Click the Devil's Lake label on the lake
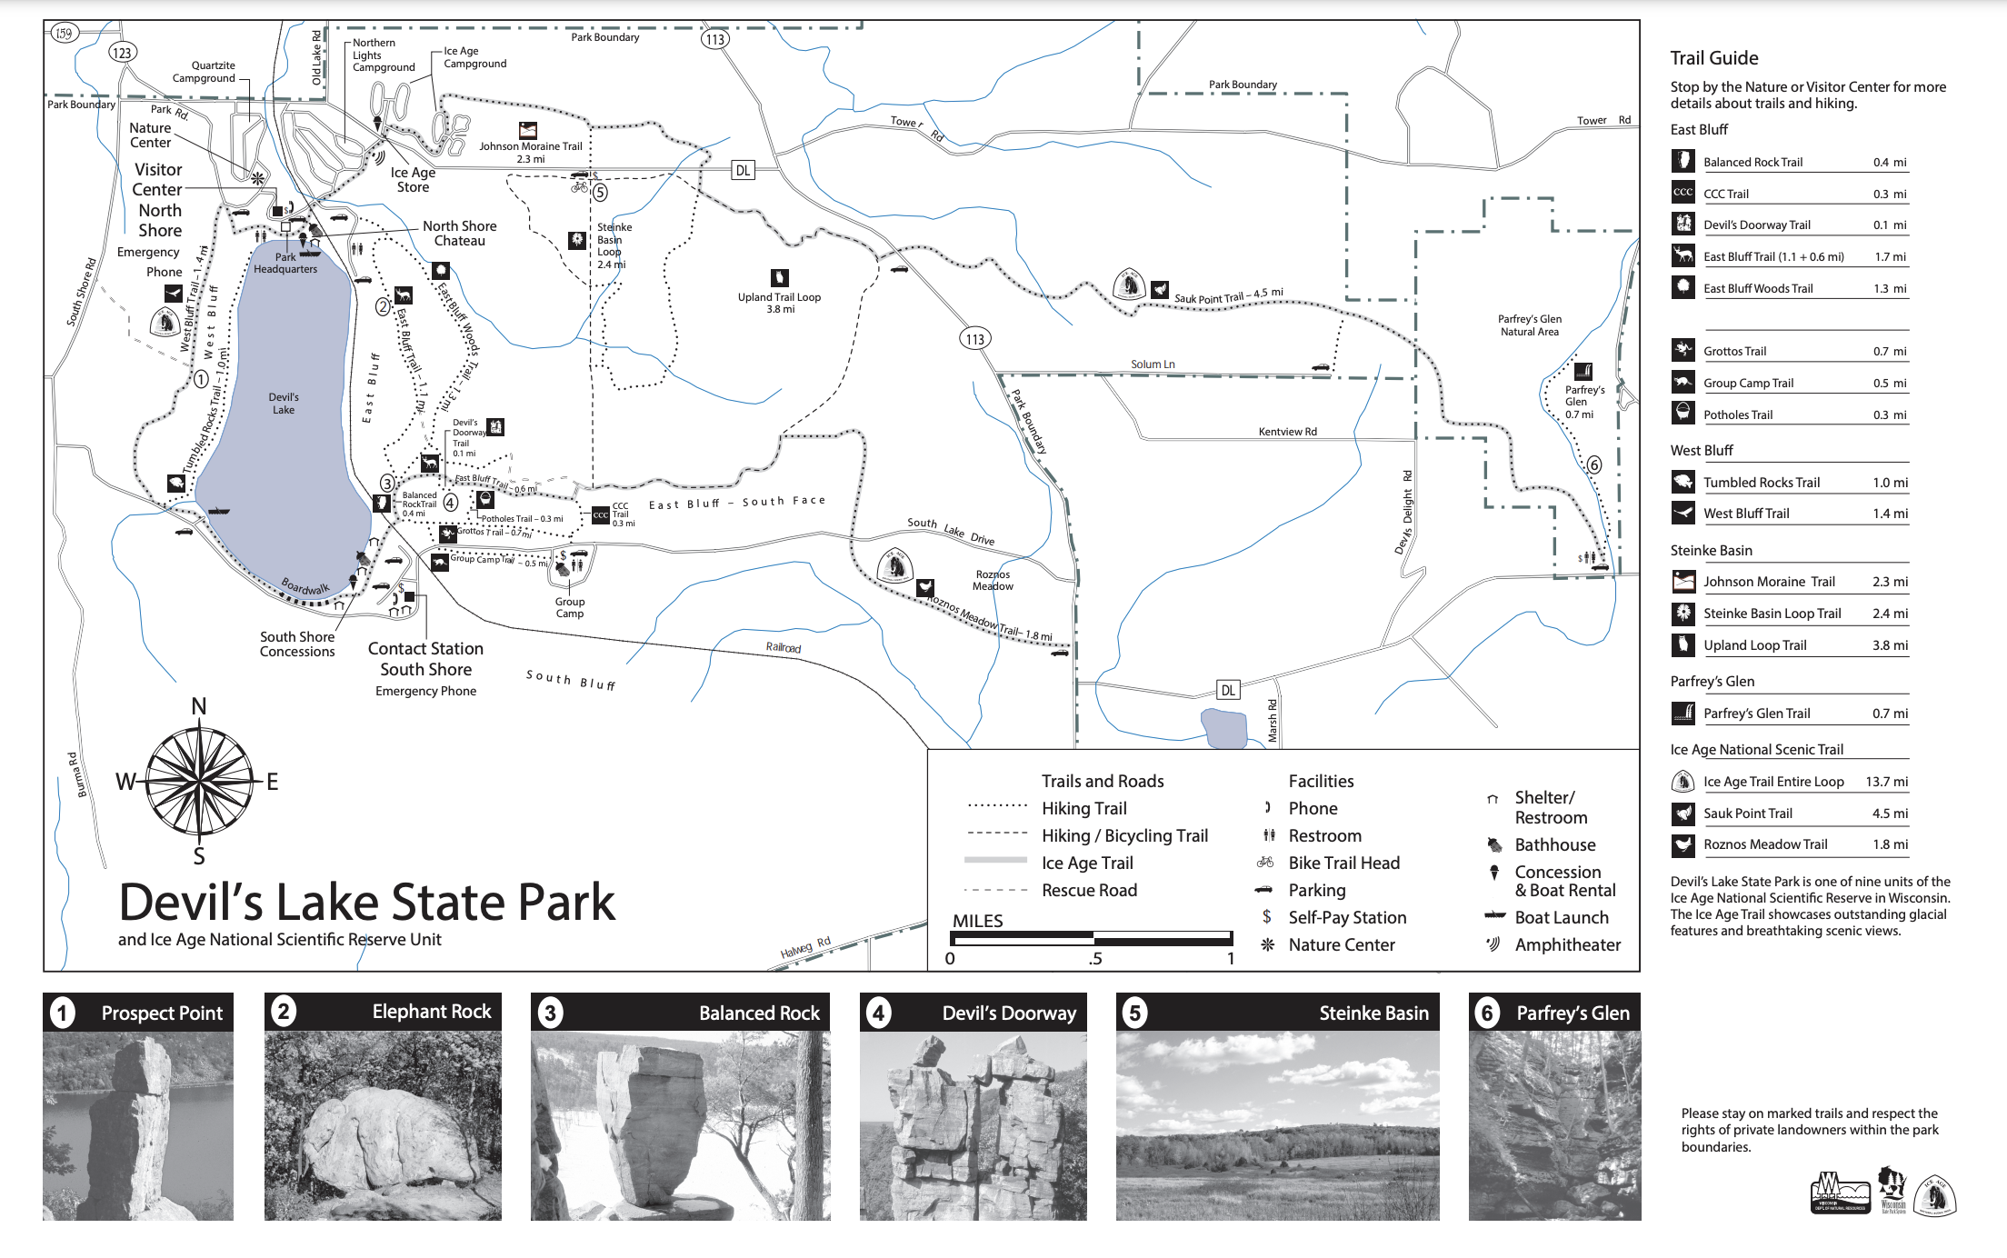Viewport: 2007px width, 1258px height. pyautogui.click(x=284, y=404)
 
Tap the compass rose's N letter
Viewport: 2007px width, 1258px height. pyautogui.click(x=199, y=706)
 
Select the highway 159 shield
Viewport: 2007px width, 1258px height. pyautogui.click(x=64, y=34)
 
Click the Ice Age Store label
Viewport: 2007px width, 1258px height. pyautogui.click(x=413, y=180)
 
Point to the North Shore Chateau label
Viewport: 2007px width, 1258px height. pyautogui.click(x=460, y=233)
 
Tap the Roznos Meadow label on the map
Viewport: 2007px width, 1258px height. pyautogui.click(x=993, y=580)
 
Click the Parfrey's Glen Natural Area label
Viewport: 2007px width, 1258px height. pyautogui.click(x=1530, y=325)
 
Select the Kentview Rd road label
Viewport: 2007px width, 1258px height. pyautogui.click(x=1287, y=432)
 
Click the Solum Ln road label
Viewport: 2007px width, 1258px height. pyautogui.click(x=1153, y=364)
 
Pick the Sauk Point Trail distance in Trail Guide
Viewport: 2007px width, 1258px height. pyautogui.click(x=1889, y=814)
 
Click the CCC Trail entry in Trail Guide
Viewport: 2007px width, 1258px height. pyautogui.click(x=1726, y=194)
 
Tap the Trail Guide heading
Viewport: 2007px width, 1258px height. pyautogui.click(x=1713, y=58)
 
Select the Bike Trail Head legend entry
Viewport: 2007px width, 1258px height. pyautogui.click(x=1343, y=863)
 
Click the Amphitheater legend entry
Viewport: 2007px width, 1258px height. pyautogui.click(x=1567, y=944)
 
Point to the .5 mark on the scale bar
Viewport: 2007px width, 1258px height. pyautogui.click(x=1095, y=958)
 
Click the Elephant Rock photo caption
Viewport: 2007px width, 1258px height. pyautogui.click(x=431, y=1012)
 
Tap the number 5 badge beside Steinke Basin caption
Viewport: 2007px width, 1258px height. pyautogui.click(x=1134, y=1013)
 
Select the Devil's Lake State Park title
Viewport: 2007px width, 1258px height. pyautogui.click(x=367, y=902)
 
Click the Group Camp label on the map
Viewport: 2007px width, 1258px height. pyautogui.click(x=570, y=607)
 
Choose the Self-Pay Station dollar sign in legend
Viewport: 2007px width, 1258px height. pyautogui.click(x=1266, y=917)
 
